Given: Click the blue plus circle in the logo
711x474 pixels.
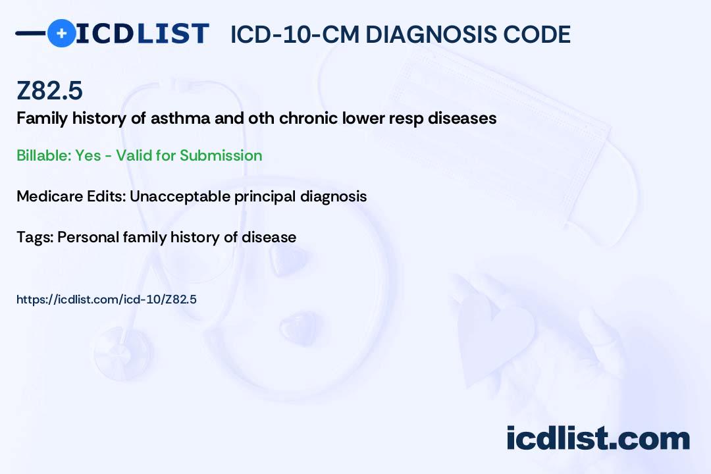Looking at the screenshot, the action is point(62,33).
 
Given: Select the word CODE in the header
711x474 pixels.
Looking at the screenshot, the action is point(537,34).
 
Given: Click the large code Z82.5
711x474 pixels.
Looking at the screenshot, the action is point(49,90).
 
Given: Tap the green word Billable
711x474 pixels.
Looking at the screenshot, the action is point(44,155).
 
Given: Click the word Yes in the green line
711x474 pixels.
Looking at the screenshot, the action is point(88,155).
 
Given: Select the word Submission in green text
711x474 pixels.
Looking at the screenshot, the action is point(221,155).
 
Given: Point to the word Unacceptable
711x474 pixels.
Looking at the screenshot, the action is point(180,196).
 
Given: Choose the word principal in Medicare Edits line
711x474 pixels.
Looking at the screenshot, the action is point(265,197).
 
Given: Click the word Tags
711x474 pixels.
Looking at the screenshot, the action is point(36,237).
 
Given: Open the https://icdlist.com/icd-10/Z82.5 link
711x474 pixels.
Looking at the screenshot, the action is point(107,300).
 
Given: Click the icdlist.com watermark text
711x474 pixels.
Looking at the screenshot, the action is point(598,438).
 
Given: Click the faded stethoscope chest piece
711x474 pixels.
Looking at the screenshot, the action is point(122,354).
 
